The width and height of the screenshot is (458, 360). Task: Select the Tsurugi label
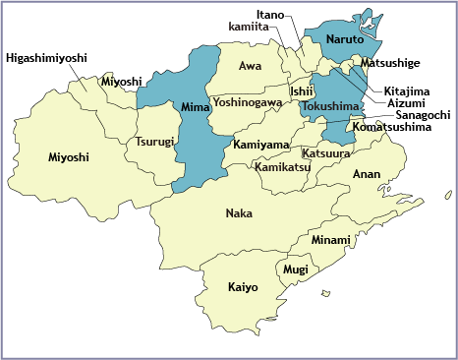(155, 142)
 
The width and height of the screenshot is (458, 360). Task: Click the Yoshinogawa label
(248, 102)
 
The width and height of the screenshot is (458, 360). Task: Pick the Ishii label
(301, 91)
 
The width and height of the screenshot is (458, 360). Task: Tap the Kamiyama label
(261, 145)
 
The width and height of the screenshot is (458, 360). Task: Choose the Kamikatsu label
(283, 167)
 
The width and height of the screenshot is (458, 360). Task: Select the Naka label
(239, 213)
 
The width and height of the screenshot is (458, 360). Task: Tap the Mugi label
(295, 269)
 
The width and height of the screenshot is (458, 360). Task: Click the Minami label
(330, 240)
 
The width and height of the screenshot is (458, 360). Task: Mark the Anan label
(366, 174)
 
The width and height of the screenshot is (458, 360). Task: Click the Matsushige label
(390, 64)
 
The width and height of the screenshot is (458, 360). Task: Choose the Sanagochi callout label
(415, 115)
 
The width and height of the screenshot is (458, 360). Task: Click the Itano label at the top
(270, 15)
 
